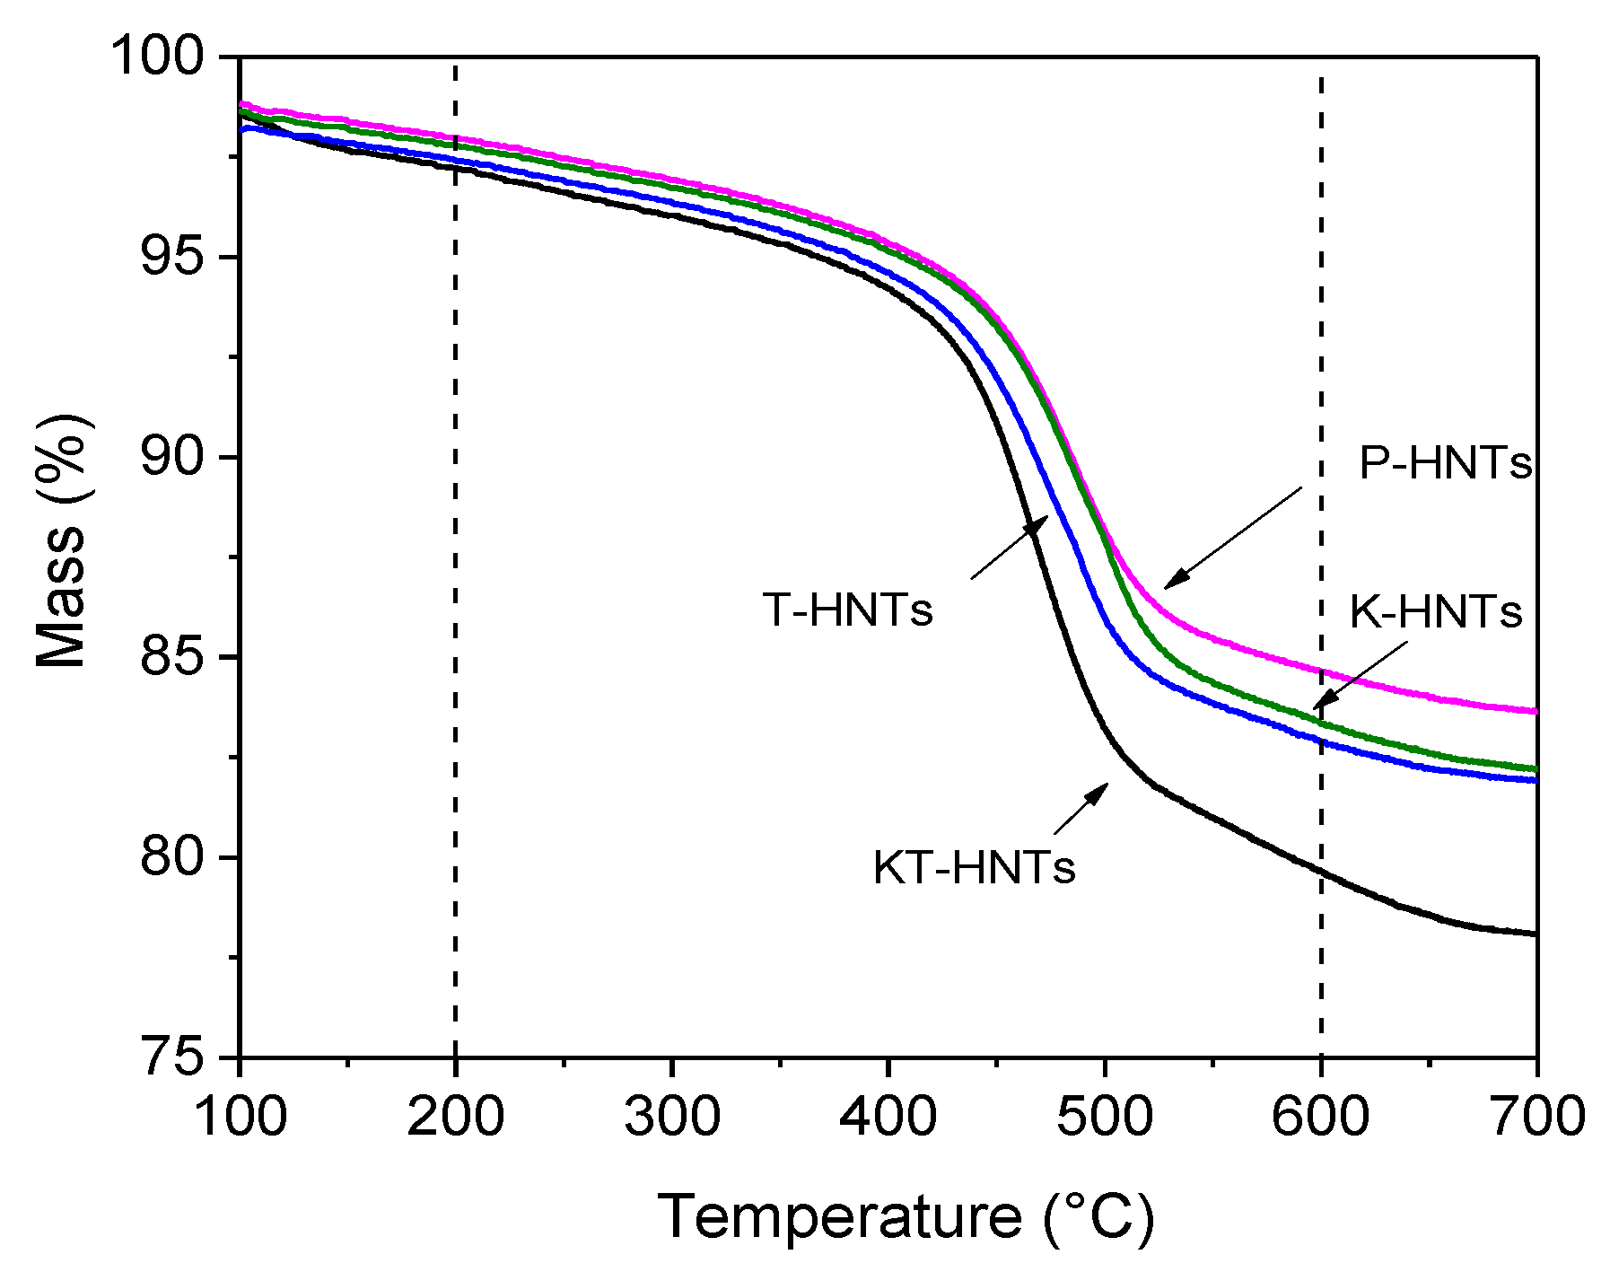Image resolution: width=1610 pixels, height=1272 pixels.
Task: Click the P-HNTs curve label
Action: click(1445, 464)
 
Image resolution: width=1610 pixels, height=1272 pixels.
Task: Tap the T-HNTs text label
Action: click(848, 610)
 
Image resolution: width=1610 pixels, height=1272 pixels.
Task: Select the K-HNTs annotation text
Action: click(1436, 612)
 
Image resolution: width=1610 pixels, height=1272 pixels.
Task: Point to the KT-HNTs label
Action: click(974, 868)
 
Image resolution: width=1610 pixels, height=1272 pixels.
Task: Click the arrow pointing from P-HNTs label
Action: click(1233, 539)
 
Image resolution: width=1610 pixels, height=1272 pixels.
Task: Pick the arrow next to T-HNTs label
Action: click(1010, 548)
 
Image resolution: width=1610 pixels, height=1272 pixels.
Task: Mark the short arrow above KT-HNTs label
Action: click(1081, 808)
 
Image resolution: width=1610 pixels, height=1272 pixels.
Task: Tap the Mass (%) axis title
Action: click(63, 540)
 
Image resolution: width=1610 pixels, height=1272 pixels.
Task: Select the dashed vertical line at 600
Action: click(1321, 359)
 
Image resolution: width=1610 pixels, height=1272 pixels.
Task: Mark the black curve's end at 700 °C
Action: click(1534, 934)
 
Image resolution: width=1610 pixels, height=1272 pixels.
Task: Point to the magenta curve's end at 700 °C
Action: click(1534, 711)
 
